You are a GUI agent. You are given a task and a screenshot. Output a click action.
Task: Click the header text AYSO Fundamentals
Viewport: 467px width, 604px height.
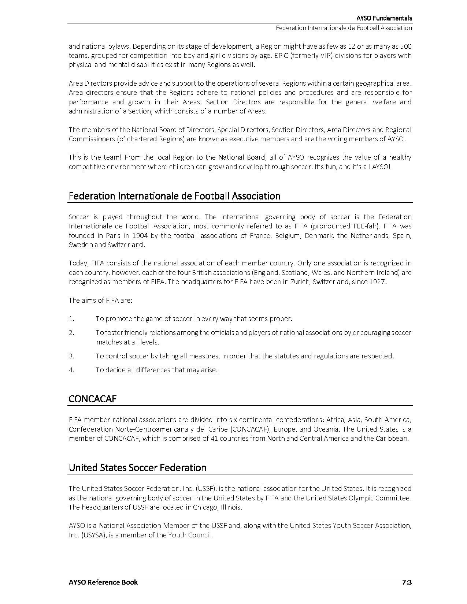(x=384, y=18)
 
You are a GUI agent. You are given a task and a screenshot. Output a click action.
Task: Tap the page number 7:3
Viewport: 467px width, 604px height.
(x=407, y=582)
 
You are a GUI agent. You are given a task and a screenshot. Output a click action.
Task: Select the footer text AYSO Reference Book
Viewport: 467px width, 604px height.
(x=103, y=582)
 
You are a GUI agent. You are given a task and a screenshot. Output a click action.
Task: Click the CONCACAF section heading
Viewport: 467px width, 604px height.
(x=92, y=399)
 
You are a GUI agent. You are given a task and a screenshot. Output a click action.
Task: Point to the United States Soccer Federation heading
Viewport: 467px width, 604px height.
(x=137, y=467)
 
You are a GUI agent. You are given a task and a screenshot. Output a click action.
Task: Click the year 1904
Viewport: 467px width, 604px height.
(x=141, y=235)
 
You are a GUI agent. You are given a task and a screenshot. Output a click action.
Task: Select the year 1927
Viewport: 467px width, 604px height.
(x=377, y=282)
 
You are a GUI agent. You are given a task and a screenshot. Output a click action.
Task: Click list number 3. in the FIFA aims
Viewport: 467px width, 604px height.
(x=71, y=356)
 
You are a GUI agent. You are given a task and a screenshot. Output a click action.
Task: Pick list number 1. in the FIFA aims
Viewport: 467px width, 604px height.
(x=71, y=318)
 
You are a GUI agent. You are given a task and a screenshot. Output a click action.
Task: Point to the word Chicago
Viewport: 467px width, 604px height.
(x=205, y=507)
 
